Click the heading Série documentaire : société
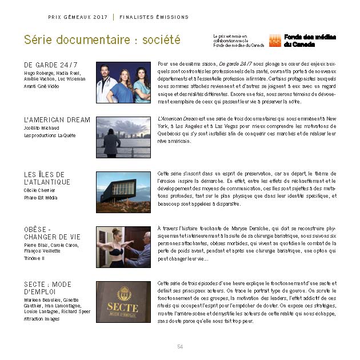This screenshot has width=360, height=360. click(x=102, y=40)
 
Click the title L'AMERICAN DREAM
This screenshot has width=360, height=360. click(x=57, y=120)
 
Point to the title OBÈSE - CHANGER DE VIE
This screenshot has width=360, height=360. click(x=52, y=233)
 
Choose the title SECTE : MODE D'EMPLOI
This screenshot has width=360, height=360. click(x=47, y=288)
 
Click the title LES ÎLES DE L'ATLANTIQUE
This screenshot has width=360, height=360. click(x=47, y=178)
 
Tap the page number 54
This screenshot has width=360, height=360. click(x=180, y=347)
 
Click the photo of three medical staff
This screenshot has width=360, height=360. click(x=123, y=82)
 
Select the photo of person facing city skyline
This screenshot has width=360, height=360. click(x=123, y=137)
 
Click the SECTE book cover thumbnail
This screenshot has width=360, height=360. click(x=123, y=302)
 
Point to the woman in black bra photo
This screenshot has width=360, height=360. click(x=123, y=247)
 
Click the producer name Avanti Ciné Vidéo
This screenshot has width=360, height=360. click(x=41, y=86)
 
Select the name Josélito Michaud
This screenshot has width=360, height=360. click(x=42, y=129)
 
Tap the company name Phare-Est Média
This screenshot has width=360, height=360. click(x=41, y=198)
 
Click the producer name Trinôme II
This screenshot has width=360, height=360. click(x=34, y=258)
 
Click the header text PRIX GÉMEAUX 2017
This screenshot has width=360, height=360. click(x=77, y=17)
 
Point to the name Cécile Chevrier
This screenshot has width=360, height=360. click(x=40, y=190)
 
